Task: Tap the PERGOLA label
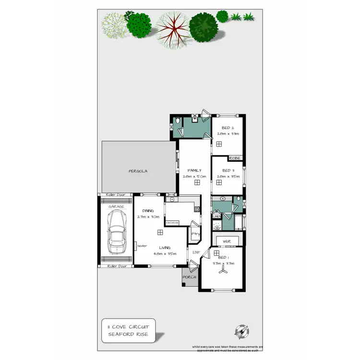pos(137,171)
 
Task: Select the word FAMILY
pos(194,170)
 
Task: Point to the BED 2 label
pos(228,128)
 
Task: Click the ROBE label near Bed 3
pos(234,158)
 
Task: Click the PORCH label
pos(189,277)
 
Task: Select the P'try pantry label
pos(195,234)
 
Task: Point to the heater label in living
pos(142,246)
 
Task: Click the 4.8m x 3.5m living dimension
pos(162,254)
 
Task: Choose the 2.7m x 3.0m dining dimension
pos(147,217)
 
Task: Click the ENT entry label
pos(196,252)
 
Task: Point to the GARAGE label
pos(116,206)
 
